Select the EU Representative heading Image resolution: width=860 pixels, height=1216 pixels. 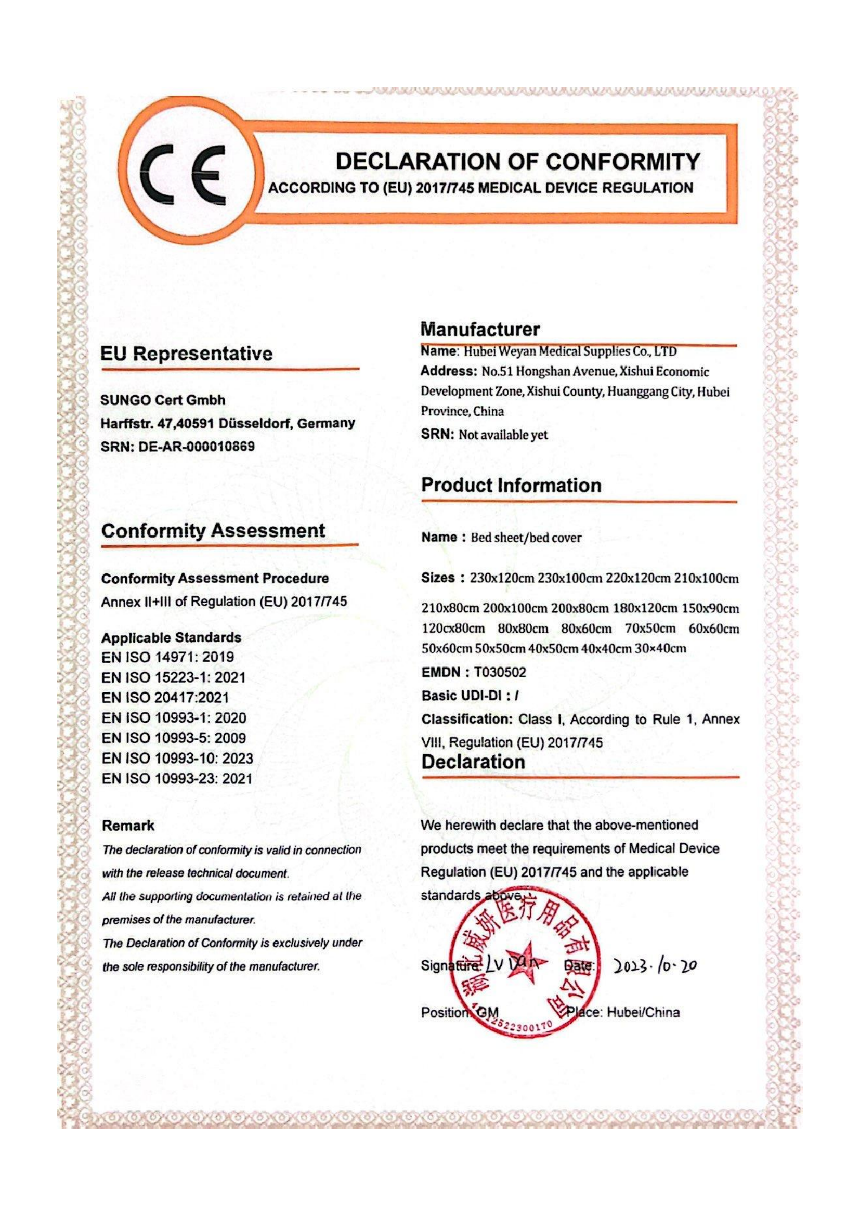(x=187, y=354)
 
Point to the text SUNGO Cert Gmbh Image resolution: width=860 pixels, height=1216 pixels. (x=163, y=400)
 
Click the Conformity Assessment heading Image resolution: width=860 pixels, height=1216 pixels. (x=213, y=531)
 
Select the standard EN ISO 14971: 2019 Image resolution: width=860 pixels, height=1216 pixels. (x=167, y=657)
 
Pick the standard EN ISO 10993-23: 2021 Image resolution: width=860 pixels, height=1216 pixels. (x=177, y=779)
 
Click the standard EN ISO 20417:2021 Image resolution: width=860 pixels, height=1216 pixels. (x=165, y=698)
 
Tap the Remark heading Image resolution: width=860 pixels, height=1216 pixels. (x=128, y=826)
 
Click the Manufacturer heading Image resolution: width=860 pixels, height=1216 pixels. (x=480, y=330)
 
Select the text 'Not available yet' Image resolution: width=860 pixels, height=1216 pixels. (x=503, y=435)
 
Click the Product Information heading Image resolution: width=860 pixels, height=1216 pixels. (x=511, y=485)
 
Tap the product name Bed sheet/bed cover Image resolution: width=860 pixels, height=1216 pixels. (x=526, y=538)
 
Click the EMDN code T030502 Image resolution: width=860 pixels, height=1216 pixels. (x=500, y=673)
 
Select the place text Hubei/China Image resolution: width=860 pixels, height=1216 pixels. (x=643, y=1013)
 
